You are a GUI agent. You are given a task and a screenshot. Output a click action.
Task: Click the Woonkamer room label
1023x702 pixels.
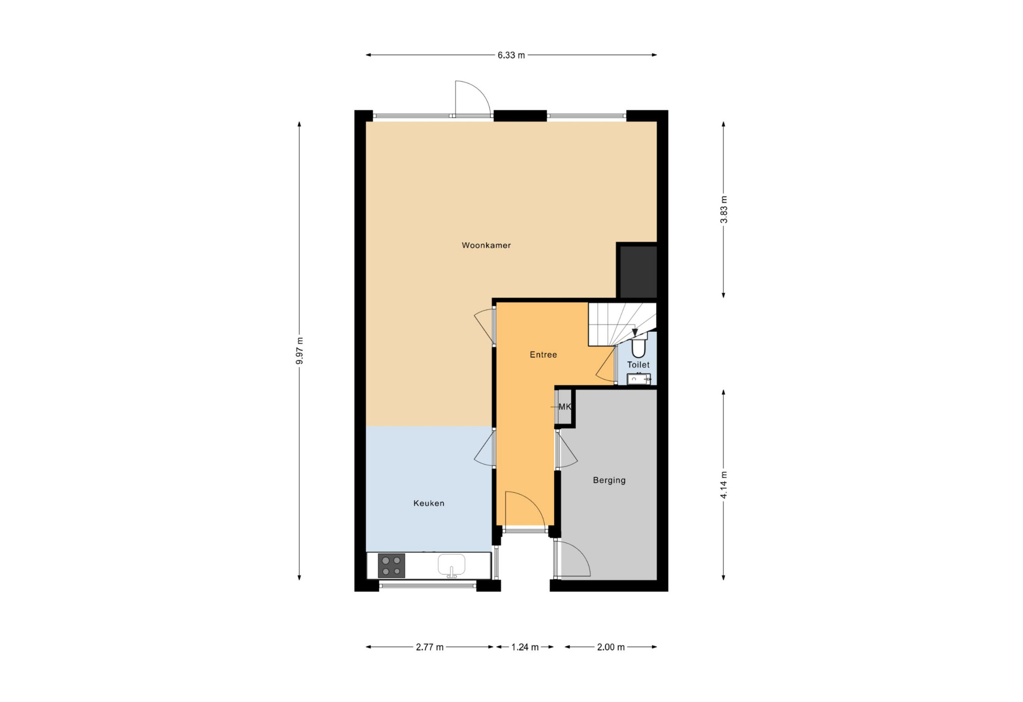point(486,246)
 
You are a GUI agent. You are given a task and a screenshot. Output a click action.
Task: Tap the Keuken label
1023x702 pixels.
point(429,503)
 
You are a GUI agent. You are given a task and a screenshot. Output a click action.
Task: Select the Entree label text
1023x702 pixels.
point(543,355)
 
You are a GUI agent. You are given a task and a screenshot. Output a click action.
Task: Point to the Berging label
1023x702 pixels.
point(609,480)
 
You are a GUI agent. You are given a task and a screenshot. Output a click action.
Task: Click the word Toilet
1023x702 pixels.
point(638,365)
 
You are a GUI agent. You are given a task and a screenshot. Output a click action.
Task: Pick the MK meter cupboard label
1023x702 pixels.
point(564,407)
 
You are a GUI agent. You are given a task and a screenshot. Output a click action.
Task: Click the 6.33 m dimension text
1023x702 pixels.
point(511,56)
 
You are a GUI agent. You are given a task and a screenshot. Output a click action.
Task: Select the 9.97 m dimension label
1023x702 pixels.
point(300,351)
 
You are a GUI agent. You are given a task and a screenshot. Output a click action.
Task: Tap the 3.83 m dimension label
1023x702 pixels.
point(724,210)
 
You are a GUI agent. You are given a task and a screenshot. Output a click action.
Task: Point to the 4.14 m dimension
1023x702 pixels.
point(724,485)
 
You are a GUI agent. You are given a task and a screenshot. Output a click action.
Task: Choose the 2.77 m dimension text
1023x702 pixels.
point(430,647)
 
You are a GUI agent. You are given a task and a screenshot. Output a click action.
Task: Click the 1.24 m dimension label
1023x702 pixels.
point(525,647)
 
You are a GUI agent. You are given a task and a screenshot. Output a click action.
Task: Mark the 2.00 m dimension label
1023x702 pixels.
point(611,647)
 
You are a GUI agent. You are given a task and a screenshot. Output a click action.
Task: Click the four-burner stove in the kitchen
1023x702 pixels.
point(391,566)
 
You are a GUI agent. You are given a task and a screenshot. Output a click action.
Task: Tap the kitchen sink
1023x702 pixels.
point(451,565)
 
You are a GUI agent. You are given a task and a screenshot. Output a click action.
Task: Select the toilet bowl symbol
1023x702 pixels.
point(638,347)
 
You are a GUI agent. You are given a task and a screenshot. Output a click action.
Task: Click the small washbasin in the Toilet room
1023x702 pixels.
point(639,378)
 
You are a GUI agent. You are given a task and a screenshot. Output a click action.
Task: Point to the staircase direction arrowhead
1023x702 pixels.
point(635,333)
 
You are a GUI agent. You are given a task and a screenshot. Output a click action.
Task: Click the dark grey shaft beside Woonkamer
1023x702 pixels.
point(638,272)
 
